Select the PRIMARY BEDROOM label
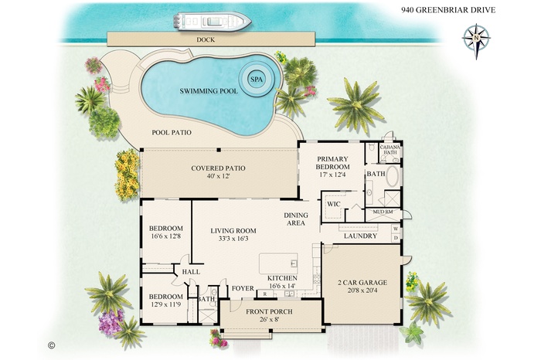[x=334, y=162]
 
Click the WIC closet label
[x=334, y=204]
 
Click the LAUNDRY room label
[x=360, y=236]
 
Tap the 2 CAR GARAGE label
[x=362, y=283]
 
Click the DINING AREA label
[x=296, y=219]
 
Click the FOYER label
[x=243, y=289]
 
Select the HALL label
[x=190, y=272]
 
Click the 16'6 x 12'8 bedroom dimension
[x=165, y=237]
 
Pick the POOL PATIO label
[x=171, y=133]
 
